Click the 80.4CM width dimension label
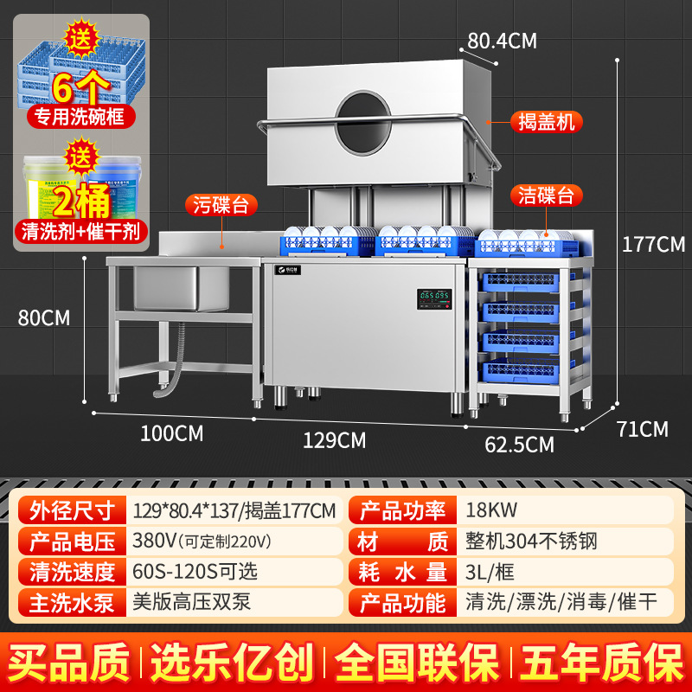point(503,40)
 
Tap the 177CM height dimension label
point(653,243)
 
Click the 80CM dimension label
point(43,317)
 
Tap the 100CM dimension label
point(171,432)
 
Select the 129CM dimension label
point(334,440)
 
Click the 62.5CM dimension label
point(519,445)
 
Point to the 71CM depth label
point(642,428)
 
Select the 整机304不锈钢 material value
point(531,542)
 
